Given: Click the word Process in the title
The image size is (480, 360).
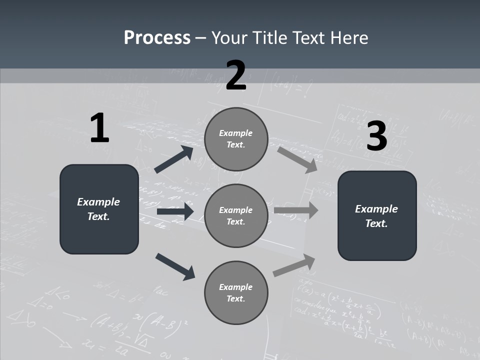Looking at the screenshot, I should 157,38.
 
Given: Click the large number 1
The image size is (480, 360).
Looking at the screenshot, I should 99,128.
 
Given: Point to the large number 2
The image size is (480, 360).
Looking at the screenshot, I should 236,75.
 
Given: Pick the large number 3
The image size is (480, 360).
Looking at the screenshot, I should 376,136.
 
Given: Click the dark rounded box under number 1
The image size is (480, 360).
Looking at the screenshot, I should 99,209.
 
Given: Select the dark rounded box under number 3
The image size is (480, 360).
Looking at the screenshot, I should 377,215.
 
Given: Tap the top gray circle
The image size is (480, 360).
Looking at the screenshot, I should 236,139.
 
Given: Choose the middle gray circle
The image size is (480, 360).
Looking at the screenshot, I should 236,215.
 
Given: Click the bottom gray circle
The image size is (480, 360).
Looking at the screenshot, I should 236,292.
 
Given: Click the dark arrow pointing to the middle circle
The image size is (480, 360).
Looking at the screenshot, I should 175,211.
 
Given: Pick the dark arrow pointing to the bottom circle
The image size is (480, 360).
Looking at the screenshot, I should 175,266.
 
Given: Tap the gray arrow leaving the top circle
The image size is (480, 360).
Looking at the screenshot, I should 297,159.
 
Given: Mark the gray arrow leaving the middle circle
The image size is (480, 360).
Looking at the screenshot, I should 296,210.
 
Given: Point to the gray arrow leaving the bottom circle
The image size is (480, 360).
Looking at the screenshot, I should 294,265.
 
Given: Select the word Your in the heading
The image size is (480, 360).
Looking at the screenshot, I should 228,38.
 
